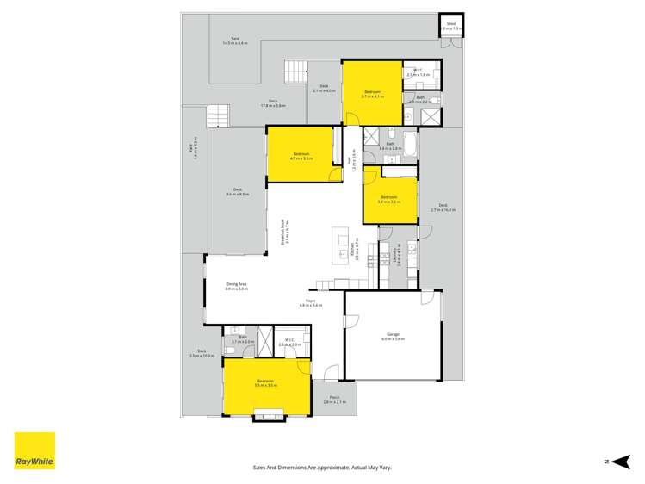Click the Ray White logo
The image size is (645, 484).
(34, 450)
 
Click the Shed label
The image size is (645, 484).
(450, 27)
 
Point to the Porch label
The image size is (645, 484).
(334, 400)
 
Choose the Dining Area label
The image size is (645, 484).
(237, 286)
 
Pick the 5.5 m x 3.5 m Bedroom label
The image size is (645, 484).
(264, 382)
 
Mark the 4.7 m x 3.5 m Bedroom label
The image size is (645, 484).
(301, 156)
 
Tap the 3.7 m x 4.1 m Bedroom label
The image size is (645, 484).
(372, 94)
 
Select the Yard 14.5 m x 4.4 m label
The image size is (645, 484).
(234, 40)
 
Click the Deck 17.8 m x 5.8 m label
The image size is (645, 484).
(273, 103)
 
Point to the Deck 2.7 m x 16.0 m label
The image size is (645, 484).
(443, 208)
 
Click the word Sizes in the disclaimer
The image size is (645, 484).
(260, 468)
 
